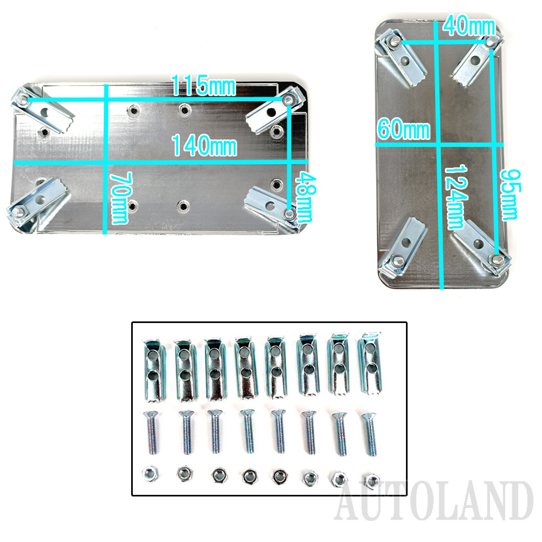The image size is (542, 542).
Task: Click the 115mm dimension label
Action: (203, 86)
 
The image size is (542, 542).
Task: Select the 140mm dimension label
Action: (204, 145)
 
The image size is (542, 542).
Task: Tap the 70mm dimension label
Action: (120, 198)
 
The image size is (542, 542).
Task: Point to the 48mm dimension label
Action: (305, 197)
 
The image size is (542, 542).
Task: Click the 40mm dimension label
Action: (469, 25)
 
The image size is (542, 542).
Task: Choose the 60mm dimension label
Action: (403, 130)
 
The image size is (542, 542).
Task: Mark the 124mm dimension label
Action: (456, 197)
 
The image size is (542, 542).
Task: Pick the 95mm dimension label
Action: (510, 195)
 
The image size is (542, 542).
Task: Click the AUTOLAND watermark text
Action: (434, 501)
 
